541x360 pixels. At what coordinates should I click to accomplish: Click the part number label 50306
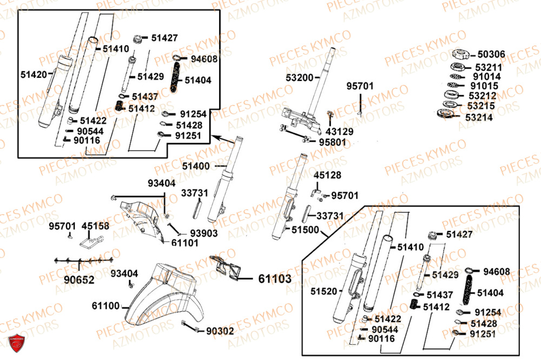[491, 54]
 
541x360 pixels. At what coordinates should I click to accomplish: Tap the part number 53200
[299, 78]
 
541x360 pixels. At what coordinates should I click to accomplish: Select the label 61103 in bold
[274, 279]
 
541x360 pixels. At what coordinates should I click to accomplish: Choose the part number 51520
[324, 291]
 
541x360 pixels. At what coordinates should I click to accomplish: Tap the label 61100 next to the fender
[105, 306]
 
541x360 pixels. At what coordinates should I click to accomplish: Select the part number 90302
[220, 331]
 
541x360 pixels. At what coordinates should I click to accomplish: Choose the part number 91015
[485, 85]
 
